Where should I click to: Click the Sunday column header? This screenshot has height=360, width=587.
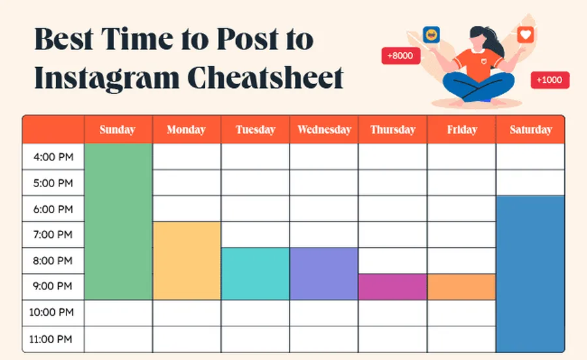(x=117, y=130)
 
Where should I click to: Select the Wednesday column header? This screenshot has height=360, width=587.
(x=324, y=130)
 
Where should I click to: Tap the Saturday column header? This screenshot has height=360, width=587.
(x=530, y=130)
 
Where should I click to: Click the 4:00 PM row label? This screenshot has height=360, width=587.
(x=53, y=157)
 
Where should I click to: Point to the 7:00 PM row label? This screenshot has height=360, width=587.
(x=53, y=235)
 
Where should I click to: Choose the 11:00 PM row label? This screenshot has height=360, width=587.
(x=53, y=339)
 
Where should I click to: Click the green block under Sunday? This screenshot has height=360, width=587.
(x=118, y=222)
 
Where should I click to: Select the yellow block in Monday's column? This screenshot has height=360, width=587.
(x=187, y=261)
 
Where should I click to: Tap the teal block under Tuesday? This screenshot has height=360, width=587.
(x=255, y=274)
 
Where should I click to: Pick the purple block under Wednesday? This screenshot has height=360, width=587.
(x=324, y=274)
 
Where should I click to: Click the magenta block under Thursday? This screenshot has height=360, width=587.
(x=393, y=287)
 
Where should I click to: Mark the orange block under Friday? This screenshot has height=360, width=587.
(x=462, y=287)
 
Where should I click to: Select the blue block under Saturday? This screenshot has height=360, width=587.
(x=530, y=274)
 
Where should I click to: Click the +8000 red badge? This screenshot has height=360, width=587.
(x=400, y=56)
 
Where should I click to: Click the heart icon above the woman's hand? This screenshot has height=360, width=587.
(x=525, y=35)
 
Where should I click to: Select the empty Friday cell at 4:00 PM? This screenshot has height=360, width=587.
(x=462, y=157)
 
